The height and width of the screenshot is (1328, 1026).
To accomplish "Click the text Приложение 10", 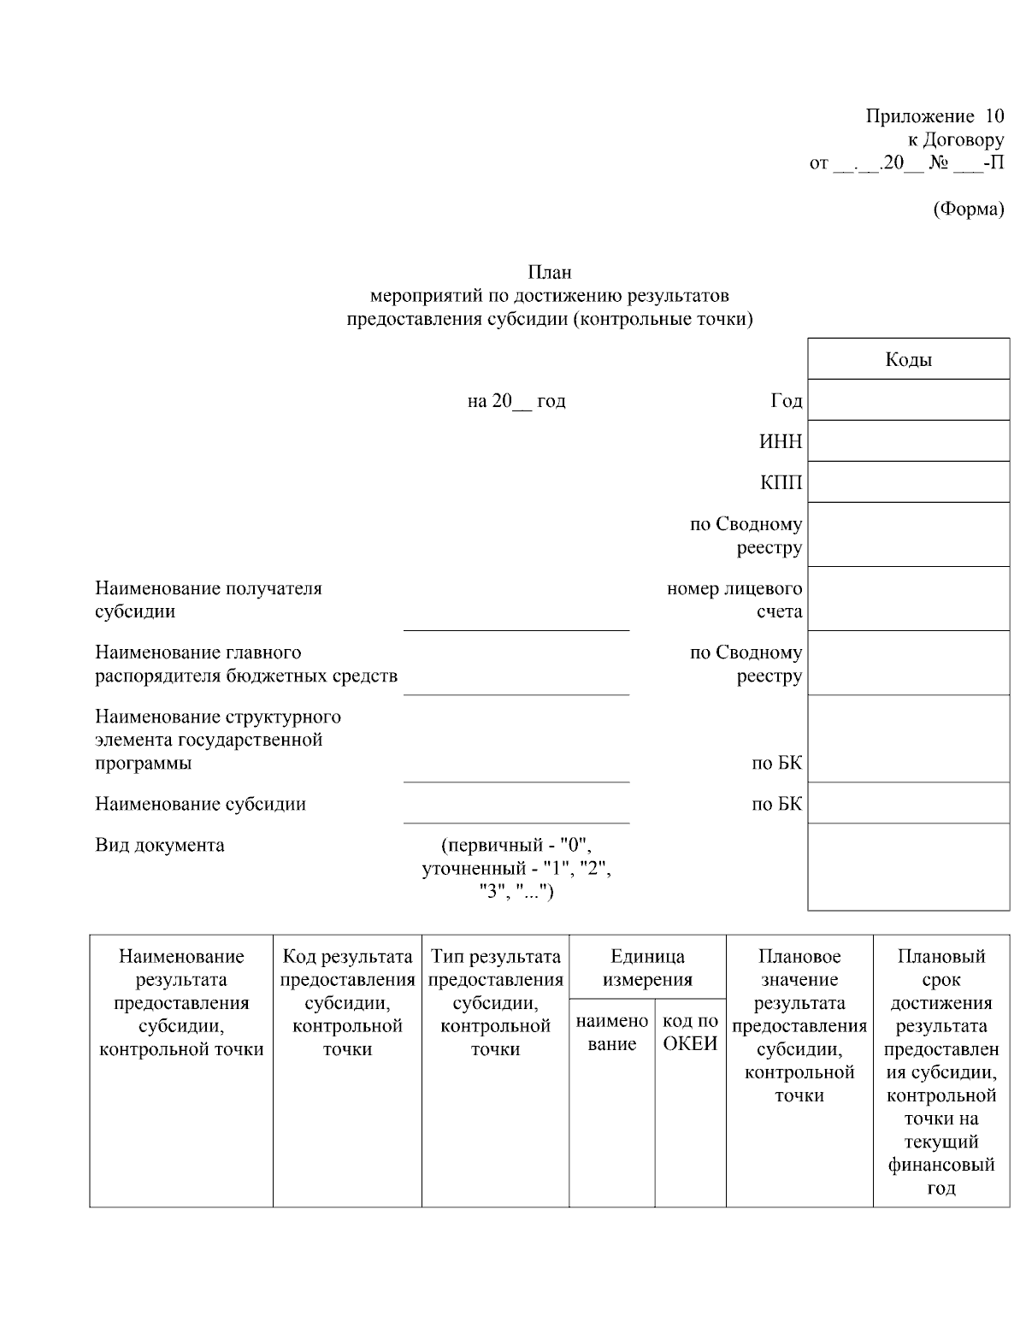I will tap(935, 116).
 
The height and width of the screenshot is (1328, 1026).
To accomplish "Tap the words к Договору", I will tap(955, 139).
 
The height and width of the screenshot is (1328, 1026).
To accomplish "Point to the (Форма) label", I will tap(968, 209).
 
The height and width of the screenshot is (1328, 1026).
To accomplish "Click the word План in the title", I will tap(549, 273).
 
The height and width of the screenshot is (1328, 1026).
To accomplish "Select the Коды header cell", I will tap(908, 359).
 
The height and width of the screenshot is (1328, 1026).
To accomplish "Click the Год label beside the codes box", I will tap(786, 401).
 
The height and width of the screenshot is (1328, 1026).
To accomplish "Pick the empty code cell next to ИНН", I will tap(908, 441).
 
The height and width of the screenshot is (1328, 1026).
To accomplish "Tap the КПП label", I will tap(781, 483).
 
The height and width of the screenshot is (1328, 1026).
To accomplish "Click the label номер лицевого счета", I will tap(734, 599).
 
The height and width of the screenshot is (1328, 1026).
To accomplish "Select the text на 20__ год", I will tap(516, 401).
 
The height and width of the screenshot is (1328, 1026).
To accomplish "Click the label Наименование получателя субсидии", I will tap(208, 599).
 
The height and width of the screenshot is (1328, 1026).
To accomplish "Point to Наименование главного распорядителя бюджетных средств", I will tap(245, 664).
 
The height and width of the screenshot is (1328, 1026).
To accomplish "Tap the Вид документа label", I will tap(160, 845).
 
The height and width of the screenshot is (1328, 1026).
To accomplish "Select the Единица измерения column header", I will tap(647, 968).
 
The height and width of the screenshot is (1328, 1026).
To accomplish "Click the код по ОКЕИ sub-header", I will tap(690, 1032).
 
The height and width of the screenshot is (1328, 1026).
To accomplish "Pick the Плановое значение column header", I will tap(799, 1025).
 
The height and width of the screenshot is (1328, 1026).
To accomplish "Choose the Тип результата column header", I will tap(495, 1002).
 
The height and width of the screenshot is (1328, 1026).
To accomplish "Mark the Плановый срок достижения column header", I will tap(941, 1071).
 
